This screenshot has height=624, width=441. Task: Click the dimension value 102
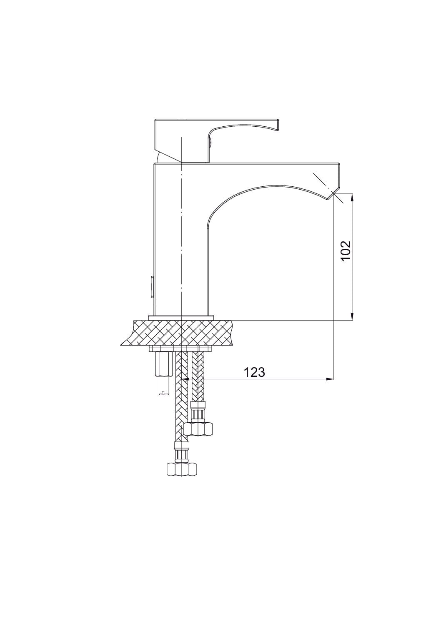tap(346, 251)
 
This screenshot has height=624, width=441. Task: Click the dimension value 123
tap(254, 372)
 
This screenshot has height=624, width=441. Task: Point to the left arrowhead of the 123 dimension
tap(185, 379)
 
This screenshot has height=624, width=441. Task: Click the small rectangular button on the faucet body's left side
tap(153, 287)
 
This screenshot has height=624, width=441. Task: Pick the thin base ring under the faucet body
tap(181, 318)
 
